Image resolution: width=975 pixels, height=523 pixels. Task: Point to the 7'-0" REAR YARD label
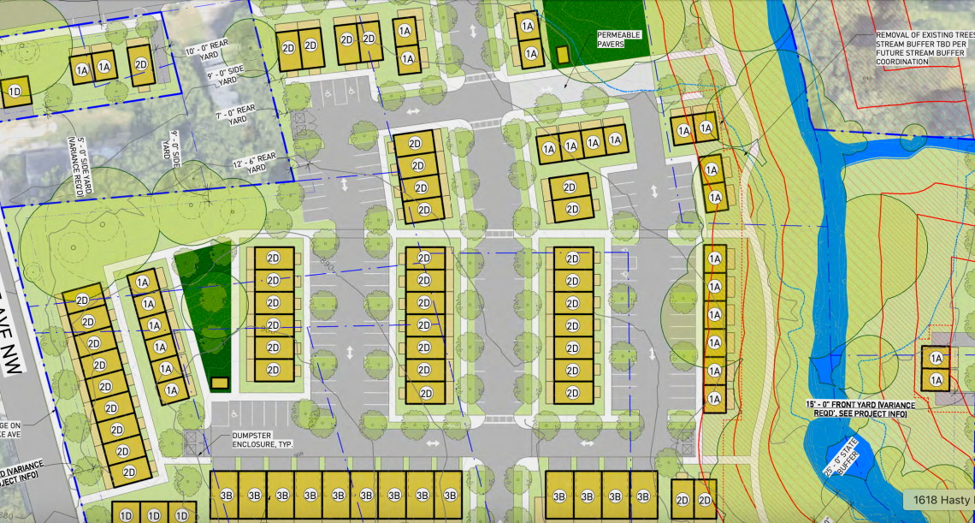[x=231, y=115]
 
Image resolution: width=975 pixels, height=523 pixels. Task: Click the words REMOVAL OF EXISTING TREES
[x=921, y=36]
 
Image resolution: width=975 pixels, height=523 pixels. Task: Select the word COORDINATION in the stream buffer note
[x=901, y=62]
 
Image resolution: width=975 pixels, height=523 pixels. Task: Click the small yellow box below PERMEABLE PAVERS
[x=562, y=54]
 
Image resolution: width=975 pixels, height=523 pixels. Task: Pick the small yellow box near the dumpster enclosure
[x=220, y=383]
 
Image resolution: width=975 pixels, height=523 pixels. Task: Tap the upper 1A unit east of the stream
[x=936, y=359]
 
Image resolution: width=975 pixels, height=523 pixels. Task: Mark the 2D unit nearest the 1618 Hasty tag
[x=706, y=501]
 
